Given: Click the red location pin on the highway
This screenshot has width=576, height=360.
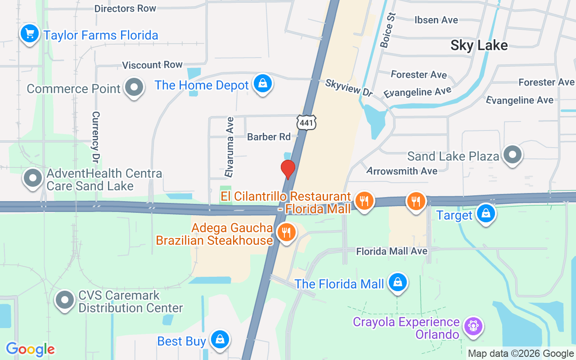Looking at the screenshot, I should (288, 169).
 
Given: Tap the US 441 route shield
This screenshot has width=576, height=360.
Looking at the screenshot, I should (306, 121).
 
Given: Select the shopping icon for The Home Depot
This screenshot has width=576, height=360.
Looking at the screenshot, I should (262, 84).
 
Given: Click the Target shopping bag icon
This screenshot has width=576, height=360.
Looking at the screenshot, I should (486, 214).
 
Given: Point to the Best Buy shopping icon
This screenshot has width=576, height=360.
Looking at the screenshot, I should (220, 340).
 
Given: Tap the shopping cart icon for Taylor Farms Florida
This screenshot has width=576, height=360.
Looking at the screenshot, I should (30, 34).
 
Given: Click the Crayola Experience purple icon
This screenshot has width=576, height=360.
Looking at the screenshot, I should (473, 326).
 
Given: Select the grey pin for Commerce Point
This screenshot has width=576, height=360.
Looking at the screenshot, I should (134, 87).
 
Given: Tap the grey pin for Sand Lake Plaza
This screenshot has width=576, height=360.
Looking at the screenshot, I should (512, 155).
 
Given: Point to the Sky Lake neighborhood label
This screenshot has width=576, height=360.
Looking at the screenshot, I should (479, 45).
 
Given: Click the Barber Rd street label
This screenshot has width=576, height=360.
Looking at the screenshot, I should (269, 137).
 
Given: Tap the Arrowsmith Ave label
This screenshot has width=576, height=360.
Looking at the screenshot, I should (402, 171).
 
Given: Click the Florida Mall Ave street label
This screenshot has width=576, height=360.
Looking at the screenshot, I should (391, 251).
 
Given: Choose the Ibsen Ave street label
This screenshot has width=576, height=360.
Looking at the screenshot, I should (436, 20).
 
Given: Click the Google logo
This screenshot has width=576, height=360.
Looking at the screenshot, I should (30, 349).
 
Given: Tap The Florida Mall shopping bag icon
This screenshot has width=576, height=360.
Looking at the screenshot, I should (397, 283).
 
